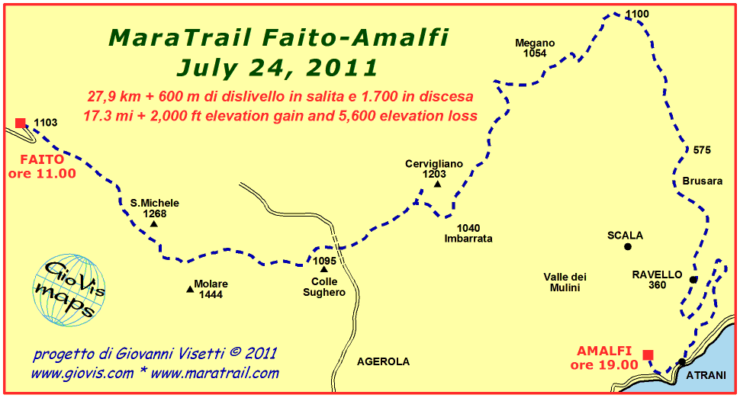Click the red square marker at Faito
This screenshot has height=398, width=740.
click(x=21, y=123)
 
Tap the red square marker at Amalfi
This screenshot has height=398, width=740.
click(x=648, y=355)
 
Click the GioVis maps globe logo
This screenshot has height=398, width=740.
click(x=69, y=290)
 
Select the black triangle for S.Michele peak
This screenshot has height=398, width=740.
click(x=154, y=223)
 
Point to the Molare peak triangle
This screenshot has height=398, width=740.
click(x=190, y=289)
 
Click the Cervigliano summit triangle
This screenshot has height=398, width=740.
click(x=437, y=184)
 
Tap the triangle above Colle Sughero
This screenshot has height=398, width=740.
click(x=323, y=269)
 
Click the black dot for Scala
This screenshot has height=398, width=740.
click(x=628, y=246)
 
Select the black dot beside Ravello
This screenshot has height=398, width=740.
click(x=693, y=280)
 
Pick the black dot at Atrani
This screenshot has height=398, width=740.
click(x=681, y=362)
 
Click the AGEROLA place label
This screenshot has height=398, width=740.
click(x=383, y=361)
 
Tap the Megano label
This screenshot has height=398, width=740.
click(x=535, y=43)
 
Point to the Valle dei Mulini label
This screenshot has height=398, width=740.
click(x=565, y=282)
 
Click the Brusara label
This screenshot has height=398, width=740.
click(x=703, y=181)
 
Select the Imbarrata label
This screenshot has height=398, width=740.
click(x=468, y=239)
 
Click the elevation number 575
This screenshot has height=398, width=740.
click(x=702, y=150)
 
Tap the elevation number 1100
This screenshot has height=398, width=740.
click(x=637, y=14)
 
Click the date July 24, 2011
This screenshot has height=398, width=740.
click(x=277, y=67)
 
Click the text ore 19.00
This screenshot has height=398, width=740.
click(x=604, y=365)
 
